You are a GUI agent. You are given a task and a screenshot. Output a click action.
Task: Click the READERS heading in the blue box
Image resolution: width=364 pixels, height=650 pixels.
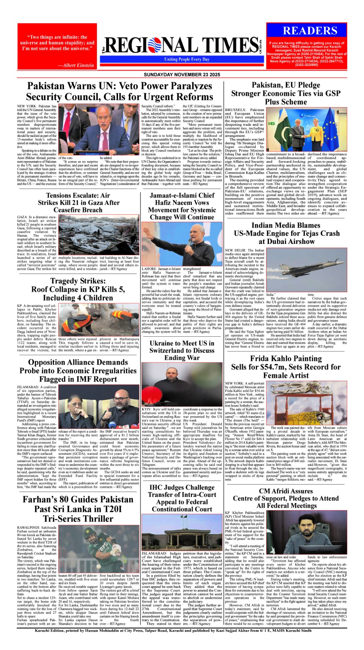pos(310,31)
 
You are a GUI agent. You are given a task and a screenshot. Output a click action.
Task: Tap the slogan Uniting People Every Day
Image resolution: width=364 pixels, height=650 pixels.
pos(187,59)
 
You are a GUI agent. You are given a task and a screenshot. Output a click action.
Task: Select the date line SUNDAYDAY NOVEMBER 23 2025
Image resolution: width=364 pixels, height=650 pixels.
pos(182,75)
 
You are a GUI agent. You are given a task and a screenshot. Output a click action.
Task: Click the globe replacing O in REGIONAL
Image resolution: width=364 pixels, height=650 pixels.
pos(147,45)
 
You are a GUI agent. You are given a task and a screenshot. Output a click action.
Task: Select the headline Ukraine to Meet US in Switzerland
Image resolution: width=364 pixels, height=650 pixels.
pos(182,350)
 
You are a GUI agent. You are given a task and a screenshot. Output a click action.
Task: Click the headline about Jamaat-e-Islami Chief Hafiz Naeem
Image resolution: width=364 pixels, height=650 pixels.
pos(182,206)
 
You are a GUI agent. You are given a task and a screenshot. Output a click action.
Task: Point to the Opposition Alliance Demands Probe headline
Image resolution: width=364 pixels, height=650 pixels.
pos(78,370)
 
